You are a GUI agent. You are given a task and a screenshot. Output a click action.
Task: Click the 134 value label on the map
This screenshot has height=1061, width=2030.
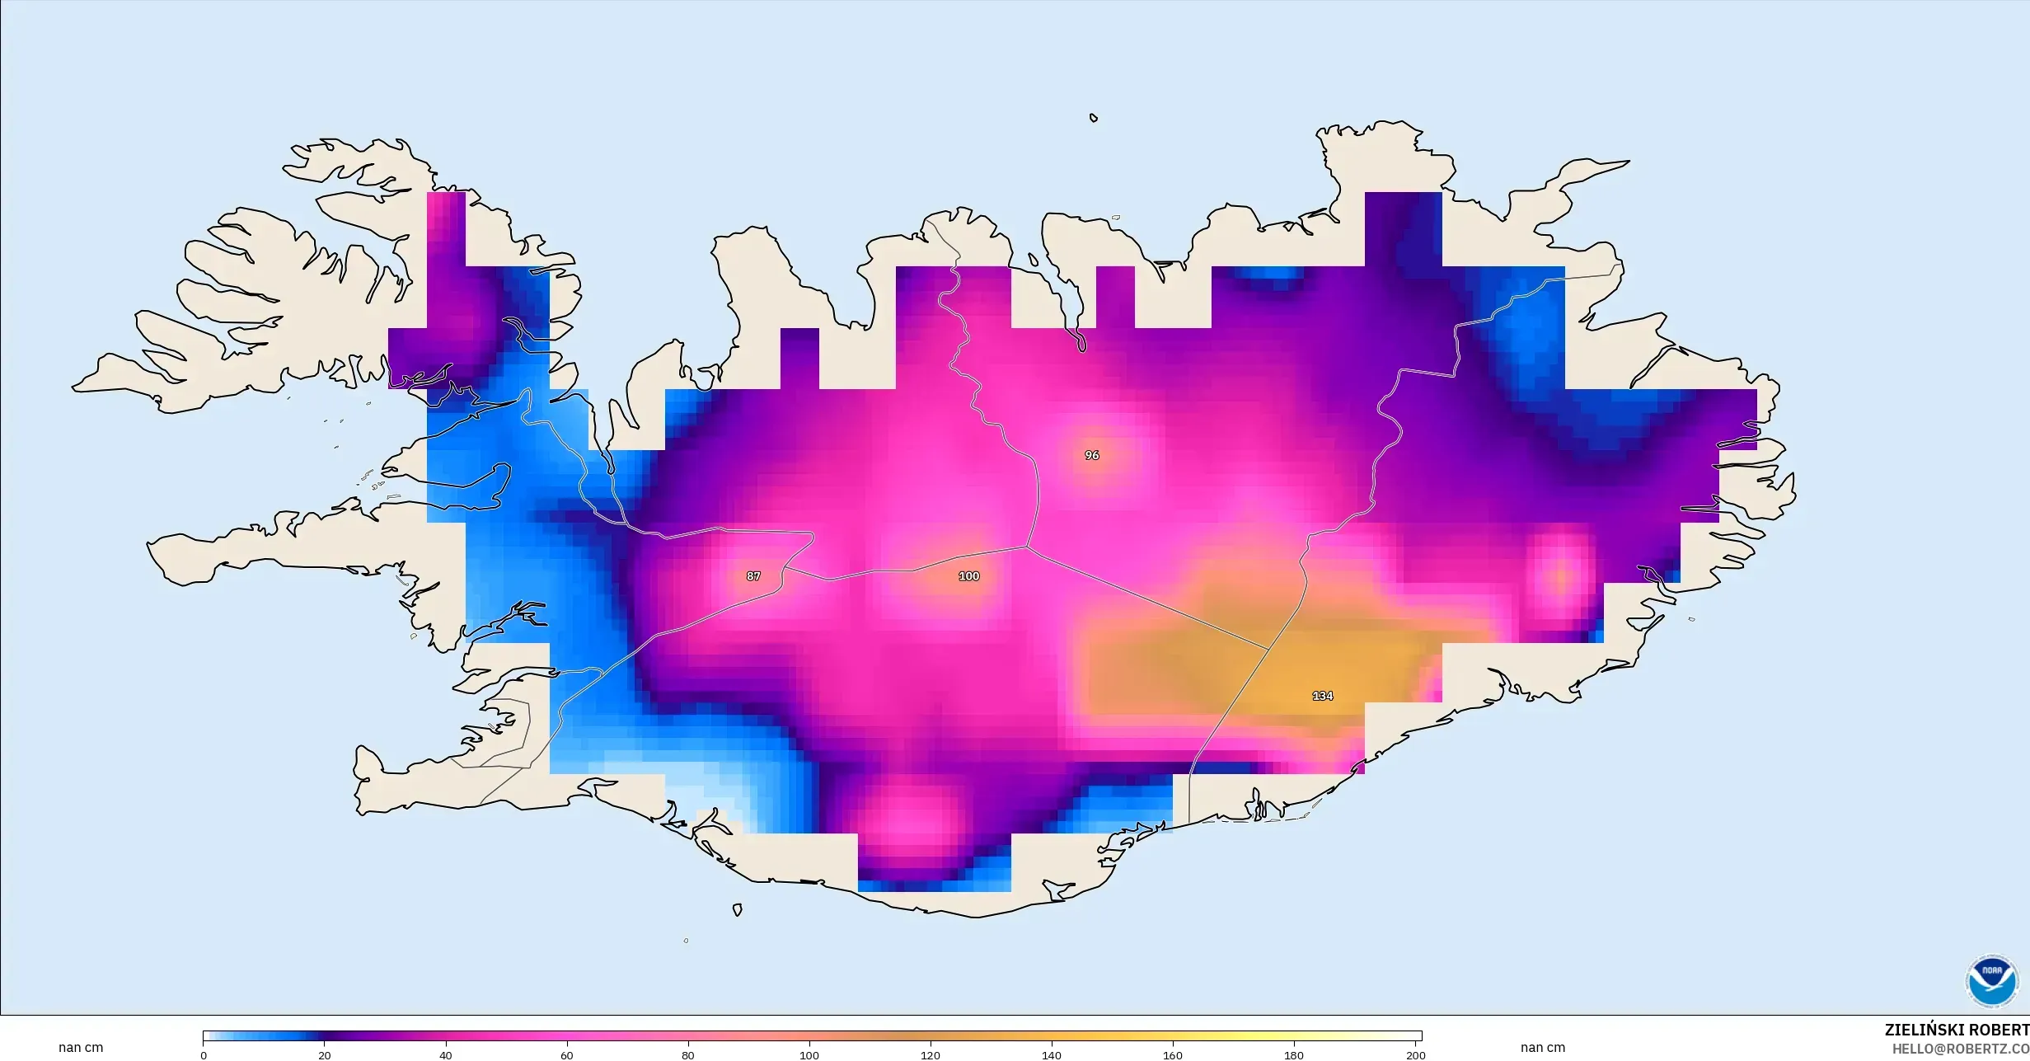pos(1322,696)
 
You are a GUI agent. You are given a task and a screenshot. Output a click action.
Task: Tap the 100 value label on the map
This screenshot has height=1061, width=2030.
pos(968,576)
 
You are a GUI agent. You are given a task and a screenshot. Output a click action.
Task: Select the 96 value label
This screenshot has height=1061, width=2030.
pos(1092,455)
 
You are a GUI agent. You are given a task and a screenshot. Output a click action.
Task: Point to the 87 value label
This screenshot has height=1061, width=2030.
pos(753,576)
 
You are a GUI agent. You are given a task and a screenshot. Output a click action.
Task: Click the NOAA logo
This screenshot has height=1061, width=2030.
pos(1991,982)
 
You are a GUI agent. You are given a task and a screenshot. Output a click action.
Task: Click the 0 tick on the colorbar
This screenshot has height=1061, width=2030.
pos(204,1055)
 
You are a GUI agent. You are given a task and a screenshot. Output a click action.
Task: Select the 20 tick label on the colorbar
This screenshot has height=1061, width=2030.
pos(325,1055)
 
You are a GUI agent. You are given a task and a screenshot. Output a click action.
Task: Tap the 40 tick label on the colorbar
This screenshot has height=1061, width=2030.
pos(446,1055)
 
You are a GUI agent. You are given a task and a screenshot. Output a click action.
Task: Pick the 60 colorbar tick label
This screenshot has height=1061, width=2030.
pos(567,1055)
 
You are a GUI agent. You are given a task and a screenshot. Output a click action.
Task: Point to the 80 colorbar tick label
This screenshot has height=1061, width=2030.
pos(688,1055)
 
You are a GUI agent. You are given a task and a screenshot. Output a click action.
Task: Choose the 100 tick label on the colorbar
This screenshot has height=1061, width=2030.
pos(809,1055)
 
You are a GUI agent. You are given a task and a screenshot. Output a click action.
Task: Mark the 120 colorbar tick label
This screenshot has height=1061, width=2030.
pos(931,1055)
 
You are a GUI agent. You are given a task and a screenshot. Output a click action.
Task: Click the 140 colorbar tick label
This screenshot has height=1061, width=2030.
pos(1052,1055)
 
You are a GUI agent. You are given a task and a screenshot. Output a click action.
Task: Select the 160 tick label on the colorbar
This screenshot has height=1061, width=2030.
pos(1173,1055)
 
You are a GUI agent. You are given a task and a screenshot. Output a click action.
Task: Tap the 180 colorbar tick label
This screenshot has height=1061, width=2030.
pos(1294,1055)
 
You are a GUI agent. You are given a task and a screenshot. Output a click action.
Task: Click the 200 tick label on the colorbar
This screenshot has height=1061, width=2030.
pos(1415,1055)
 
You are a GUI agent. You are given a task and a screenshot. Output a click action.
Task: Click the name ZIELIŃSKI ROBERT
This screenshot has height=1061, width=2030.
pos(1957,1030)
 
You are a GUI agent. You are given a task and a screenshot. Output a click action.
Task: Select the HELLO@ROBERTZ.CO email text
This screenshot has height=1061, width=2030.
pos(1960,1049)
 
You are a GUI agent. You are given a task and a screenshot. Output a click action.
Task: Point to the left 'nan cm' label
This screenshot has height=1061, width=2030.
pos(81,1048)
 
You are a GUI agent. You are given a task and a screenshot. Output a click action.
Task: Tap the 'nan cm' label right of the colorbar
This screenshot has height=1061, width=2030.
pos(1543,1048)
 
